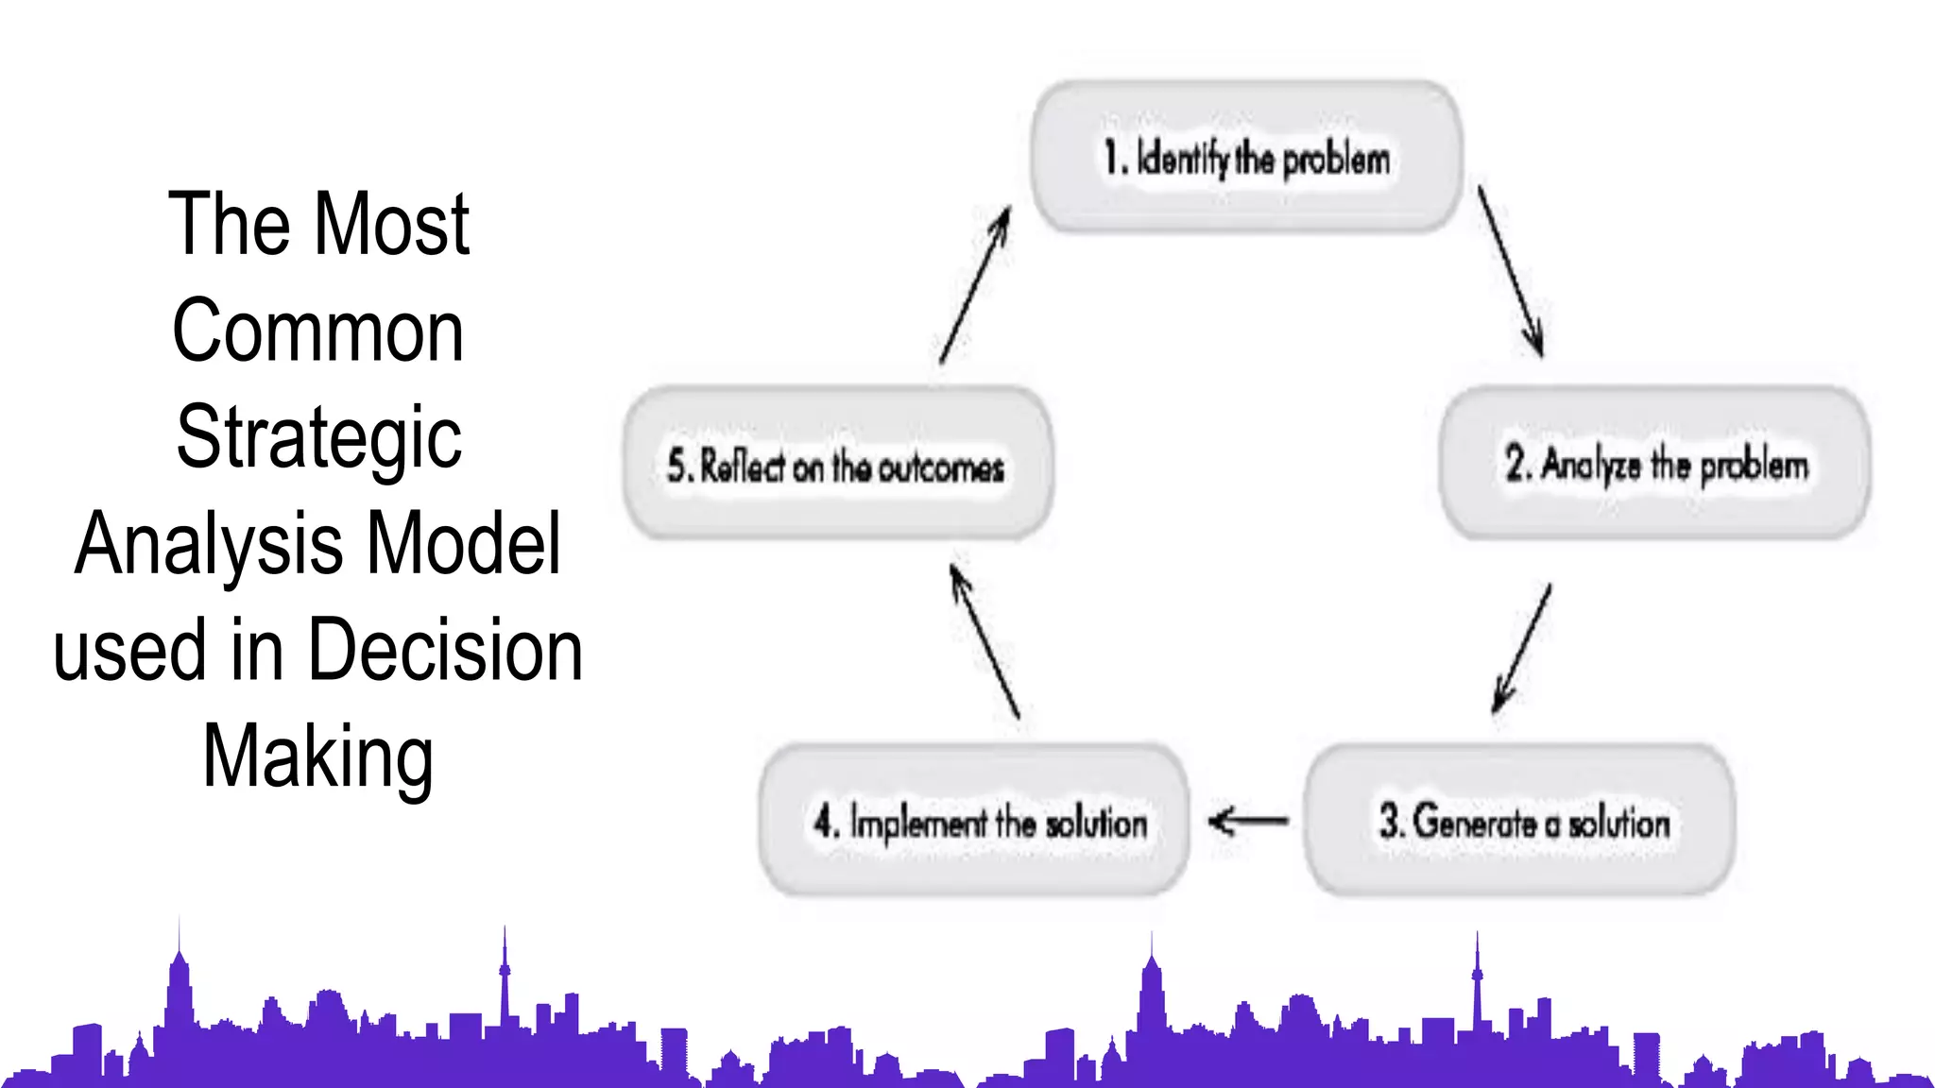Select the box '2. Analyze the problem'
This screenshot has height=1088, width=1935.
1655,463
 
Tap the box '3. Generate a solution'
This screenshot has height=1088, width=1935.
1521,819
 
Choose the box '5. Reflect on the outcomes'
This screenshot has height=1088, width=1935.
837,463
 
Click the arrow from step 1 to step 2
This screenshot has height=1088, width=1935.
1511,271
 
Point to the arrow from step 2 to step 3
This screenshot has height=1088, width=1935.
1522,648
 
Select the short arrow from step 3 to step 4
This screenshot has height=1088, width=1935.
1248,820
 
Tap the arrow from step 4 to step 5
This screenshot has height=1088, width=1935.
985,641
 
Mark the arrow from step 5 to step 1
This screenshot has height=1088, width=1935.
975,285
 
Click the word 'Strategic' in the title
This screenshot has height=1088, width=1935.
319,437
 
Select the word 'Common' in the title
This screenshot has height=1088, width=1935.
318,331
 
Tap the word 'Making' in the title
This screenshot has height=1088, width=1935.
318,756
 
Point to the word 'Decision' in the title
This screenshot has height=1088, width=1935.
445,650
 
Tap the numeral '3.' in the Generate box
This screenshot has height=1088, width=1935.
1391,820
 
